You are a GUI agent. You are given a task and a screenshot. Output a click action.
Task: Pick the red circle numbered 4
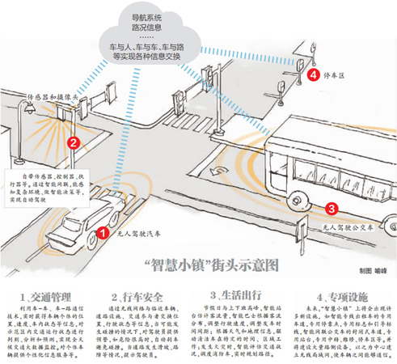point(313,75)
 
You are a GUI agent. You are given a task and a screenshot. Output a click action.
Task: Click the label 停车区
point(336,76)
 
